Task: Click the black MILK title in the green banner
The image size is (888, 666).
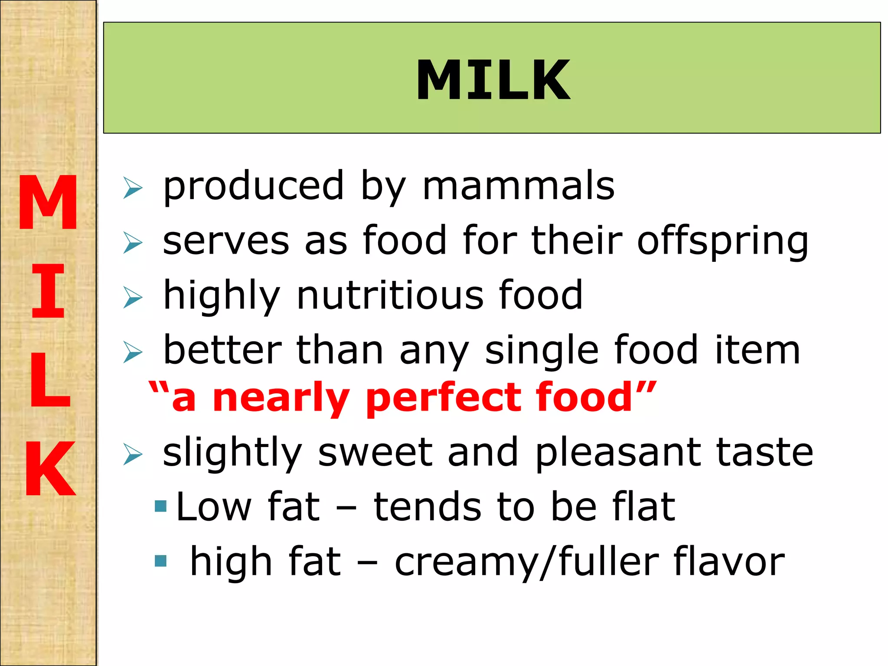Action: [x=493, y=80]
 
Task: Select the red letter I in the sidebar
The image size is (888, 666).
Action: [x=48, y=291]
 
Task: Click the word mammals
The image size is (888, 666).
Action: [x=518, y=186]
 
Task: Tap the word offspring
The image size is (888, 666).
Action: [x=722, y=241]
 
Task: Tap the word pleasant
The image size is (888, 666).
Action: [x=618, y=453]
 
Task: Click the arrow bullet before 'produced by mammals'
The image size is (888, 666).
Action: [x=132, y=188]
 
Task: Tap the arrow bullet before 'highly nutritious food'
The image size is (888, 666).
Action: [x=132, y=297]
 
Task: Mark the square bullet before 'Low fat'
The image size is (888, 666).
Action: [x=160, y=506]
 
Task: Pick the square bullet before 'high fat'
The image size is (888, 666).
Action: [x=160, y=561]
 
